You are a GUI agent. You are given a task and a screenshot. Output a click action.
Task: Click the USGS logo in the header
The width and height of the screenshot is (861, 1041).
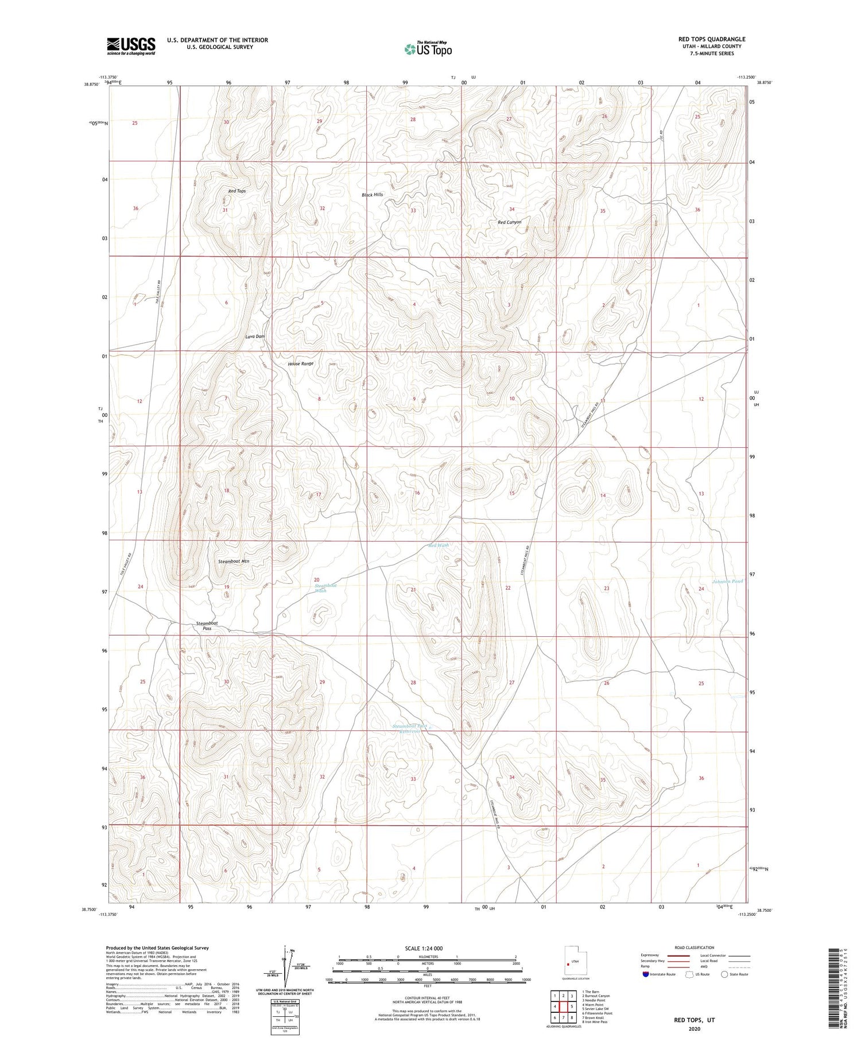click(x=131, y=46)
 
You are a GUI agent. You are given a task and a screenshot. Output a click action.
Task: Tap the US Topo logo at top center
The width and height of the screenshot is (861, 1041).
click(x=428, y=49)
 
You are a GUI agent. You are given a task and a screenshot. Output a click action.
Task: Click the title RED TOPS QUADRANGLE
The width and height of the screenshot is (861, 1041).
click(x=712, y=39)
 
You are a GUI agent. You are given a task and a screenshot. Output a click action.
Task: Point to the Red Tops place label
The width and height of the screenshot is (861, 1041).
click(x=236, y=191)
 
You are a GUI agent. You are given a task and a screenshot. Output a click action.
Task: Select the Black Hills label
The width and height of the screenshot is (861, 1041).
click(x=372, y=195)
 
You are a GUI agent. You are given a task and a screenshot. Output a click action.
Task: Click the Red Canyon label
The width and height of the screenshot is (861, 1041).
click(x=509, y=222)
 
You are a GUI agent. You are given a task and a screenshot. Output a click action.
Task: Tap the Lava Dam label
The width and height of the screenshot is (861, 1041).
click(x=255, y=336)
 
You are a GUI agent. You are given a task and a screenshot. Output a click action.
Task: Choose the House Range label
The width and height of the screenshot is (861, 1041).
click(x=300, y=364)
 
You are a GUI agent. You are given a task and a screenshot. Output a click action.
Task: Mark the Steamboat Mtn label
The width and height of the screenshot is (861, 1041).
click(x=234, y=561)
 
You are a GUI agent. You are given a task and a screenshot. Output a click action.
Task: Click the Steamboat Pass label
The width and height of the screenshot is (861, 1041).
click(x=207, y=626)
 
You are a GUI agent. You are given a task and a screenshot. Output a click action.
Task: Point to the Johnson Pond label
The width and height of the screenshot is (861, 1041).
click(x=727, y=582)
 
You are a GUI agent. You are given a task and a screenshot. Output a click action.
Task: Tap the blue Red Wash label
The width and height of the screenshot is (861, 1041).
click(x=439, y=545)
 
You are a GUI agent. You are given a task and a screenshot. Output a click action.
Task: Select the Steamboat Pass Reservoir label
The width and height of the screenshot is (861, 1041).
click(x=406, y=729)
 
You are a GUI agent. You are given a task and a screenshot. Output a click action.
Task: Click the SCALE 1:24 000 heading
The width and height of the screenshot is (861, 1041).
click(x=426, y=948)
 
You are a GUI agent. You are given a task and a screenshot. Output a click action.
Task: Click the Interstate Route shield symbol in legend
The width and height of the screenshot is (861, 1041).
click(x=646, y=974)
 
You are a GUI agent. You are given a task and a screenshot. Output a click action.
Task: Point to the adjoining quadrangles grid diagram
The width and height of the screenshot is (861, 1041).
click(x=563, y=1004)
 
